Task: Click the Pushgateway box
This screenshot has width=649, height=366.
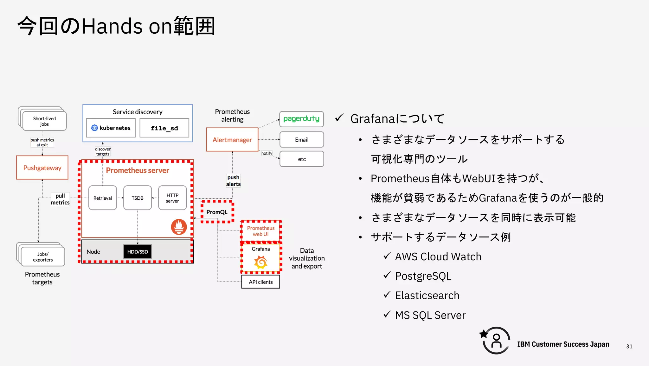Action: tap(42, 168)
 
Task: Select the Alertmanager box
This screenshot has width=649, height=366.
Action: tap(232, 140)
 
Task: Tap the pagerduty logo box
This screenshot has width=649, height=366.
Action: tap(301, 119)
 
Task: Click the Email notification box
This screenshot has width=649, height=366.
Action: tap(301, 140)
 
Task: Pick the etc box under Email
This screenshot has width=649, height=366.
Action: tap(301, 159)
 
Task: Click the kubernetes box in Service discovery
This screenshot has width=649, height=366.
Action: tap(111, 128)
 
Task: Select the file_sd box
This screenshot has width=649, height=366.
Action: tap(164, 128)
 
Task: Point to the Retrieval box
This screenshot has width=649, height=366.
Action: tap(103, 198)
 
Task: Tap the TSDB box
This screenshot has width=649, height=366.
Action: tap(138, 198)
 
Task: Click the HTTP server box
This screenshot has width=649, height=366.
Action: tap(172, 198)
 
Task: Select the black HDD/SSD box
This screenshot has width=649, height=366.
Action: tap(138, 252)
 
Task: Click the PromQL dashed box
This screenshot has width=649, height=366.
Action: tap(217, 212)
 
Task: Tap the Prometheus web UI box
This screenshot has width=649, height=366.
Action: tap(261, 231)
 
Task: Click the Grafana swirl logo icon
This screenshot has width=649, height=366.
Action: tap(261, 262)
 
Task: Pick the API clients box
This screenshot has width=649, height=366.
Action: tap(260, 282)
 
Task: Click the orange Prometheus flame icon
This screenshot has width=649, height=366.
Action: tap(179, 227)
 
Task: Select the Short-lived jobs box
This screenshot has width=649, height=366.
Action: tap(44, 121)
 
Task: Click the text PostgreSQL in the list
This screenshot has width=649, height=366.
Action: tap(423, 276)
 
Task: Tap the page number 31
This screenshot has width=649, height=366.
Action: tap(629, 346)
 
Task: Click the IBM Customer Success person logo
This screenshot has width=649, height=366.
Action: tap(496, 341)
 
